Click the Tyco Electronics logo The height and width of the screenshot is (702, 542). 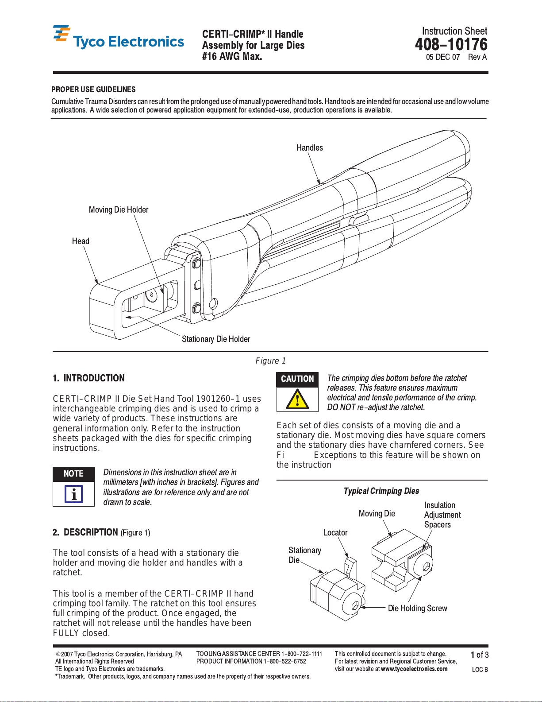click(118, 38)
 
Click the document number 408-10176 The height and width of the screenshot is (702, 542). click(451, 44)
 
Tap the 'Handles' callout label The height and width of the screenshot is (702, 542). click(309, 148)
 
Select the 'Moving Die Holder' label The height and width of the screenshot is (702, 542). click(119, 210)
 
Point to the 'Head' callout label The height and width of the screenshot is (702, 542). click(81, 241)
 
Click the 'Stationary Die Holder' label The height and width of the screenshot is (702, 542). click(216, 339)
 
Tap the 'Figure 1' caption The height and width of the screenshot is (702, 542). click(270, 361)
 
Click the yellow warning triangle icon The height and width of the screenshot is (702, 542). click(297, 399)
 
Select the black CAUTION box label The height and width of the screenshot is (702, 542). click(297, 379)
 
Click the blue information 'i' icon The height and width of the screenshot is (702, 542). click(73, 494)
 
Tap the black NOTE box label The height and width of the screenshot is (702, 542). click(73, 474)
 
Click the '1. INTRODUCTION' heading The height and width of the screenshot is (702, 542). click(88, 378)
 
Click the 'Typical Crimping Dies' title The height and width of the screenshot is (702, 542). click(381, 491)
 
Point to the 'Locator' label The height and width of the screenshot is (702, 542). click(335, 533)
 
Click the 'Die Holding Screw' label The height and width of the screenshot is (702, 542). click(417, 609)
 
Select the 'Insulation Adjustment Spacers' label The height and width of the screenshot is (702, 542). click(442, 515)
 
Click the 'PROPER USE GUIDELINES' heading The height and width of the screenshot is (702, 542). click(93, 89)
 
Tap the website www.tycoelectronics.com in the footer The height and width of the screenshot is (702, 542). click(414, 669)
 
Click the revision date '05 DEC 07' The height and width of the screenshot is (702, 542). click(442, 57)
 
